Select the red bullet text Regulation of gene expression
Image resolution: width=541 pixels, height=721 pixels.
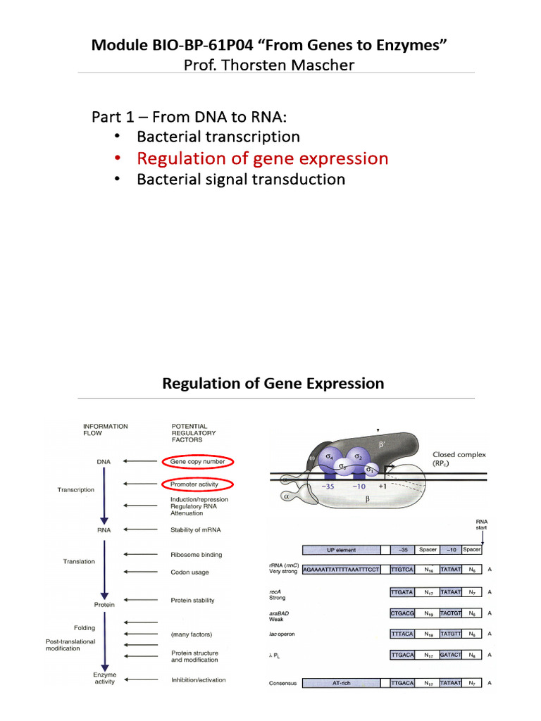pyautogui.click(x=262, y=158)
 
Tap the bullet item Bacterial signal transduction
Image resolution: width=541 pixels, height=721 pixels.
pyautogui.click(x=241, y=179)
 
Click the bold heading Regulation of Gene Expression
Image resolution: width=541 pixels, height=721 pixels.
pyautogui.click(x=273, y=384)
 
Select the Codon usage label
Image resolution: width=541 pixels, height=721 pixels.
pyautogui.click(x=190, y=572)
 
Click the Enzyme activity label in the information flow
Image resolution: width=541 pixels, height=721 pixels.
pyautogui.click(x=105, y=677)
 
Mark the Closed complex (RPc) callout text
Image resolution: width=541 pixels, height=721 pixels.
pyautogui.click(x=459, y=460)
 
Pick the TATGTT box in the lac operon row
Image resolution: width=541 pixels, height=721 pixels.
pyautogui.click(x=452, y=634)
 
